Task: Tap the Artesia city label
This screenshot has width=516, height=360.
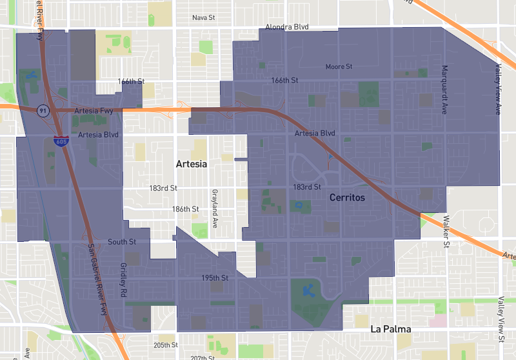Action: [x=192, y=165]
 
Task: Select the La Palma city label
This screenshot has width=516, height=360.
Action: [x=392, y=329]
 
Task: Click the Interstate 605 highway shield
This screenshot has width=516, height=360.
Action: [x=59, y=141]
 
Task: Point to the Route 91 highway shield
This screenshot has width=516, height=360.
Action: [x=43, y=110]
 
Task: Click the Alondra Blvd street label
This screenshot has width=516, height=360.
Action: [x=287, y=28]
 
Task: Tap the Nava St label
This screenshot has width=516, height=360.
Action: [x=203, y=17]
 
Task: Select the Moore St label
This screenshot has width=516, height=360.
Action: [x=339, y=66]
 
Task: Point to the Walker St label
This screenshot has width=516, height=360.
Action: [x=446, y=232]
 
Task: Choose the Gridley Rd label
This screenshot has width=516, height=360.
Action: [x=123, y=279]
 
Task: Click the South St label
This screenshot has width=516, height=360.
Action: [x=122, y=242]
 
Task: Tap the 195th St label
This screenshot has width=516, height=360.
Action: [x=215, y=277]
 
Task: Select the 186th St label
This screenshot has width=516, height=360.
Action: [x=186, y=209]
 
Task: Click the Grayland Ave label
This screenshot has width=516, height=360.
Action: [x=214, y=205]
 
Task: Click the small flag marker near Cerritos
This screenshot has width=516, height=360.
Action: [x=330, y=157]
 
